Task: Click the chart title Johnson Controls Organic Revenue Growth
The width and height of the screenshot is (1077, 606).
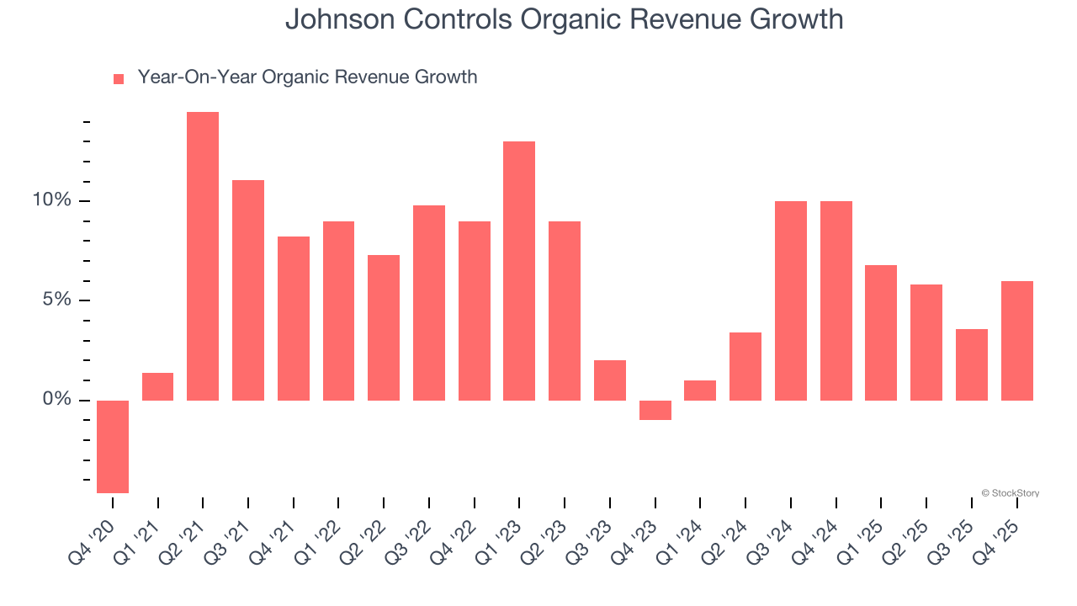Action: coord(564,19)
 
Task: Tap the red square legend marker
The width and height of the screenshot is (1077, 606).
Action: coord(119,78)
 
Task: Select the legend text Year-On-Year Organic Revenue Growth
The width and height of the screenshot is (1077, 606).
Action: coord(307,77)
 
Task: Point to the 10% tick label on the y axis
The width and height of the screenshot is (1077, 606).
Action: coord(53,200)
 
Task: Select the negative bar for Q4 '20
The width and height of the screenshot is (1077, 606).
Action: coord(113,446)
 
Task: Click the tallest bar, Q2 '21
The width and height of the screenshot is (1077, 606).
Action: coord(203,256)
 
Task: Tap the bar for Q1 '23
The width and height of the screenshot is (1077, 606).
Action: coord(519,271)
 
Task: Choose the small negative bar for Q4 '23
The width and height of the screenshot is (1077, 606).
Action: coord(655,410)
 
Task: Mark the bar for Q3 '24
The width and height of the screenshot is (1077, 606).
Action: coord(790,300)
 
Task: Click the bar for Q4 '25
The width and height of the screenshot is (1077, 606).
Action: coord(1016,341)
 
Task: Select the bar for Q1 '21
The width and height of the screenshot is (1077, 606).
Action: coord(158,386)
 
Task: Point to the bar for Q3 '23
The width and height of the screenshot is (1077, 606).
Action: coord(610,380)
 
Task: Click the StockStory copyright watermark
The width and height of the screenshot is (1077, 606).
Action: coord(1010,493)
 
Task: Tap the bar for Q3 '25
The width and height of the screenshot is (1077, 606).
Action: coord(972,364)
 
